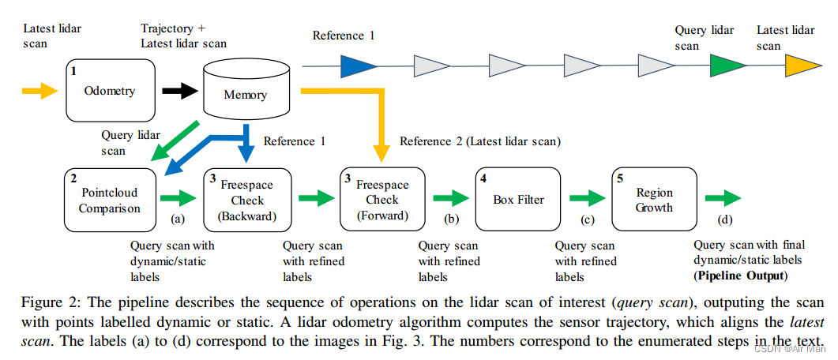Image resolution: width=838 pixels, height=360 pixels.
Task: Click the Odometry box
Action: pos(110,91)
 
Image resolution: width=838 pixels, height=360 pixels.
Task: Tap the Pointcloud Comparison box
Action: pos(110,201)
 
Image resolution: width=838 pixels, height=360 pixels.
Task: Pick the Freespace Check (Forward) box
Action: pos(380,200)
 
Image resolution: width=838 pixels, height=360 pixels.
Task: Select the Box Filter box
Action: pos(518,200)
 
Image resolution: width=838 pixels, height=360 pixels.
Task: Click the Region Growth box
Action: pos(653,200)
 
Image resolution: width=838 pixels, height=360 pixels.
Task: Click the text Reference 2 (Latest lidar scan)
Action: pos(479,141)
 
